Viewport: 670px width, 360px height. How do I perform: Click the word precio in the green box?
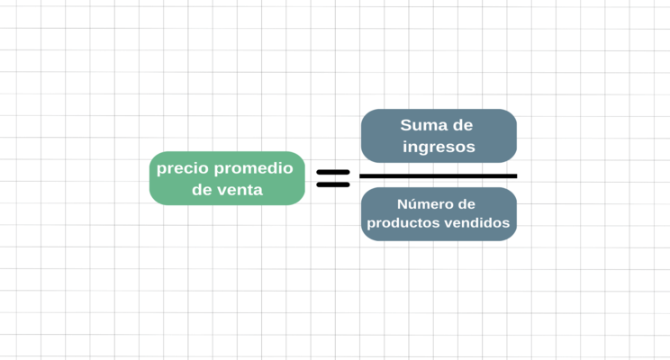(183, 169)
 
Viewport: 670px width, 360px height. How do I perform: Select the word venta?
(242, 190)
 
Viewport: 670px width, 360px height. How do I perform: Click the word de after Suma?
(463, 125)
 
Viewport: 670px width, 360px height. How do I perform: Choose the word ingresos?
(439, 148)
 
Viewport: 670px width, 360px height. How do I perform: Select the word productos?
(403, 223)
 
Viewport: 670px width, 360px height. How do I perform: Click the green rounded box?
(227, 178)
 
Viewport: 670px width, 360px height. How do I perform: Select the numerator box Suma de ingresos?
(439, 136)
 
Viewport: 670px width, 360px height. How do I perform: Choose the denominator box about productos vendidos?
(439, 214)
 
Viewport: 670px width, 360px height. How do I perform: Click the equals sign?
(333, 178)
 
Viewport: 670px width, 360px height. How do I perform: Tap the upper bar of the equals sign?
(333, 172)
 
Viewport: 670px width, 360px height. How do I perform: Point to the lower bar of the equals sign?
(333, 184)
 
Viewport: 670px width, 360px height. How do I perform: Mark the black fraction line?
(439, 175)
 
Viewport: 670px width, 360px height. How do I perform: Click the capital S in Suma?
(405, 125)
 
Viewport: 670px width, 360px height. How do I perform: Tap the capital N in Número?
(402, 204)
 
